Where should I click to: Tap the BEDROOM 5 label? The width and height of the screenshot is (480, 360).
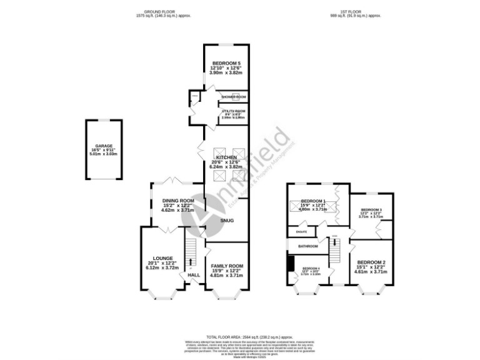click(226, 64)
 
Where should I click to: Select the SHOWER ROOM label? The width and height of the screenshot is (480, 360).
click(232, 97)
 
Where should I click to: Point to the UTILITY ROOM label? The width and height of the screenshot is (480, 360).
click(232, 111)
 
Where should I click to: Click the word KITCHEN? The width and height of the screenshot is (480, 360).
click(226, 157)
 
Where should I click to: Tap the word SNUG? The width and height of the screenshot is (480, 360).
click(226, 221)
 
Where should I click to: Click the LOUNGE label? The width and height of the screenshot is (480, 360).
click(162, 257)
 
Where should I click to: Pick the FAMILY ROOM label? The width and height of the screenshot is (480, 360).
click(226, 266)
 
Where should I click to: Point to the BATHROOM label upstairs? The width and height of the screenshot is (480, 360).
click(307, 246)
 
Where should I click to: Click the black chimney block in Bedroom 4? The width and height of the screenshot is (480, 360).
click(291, 264)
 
